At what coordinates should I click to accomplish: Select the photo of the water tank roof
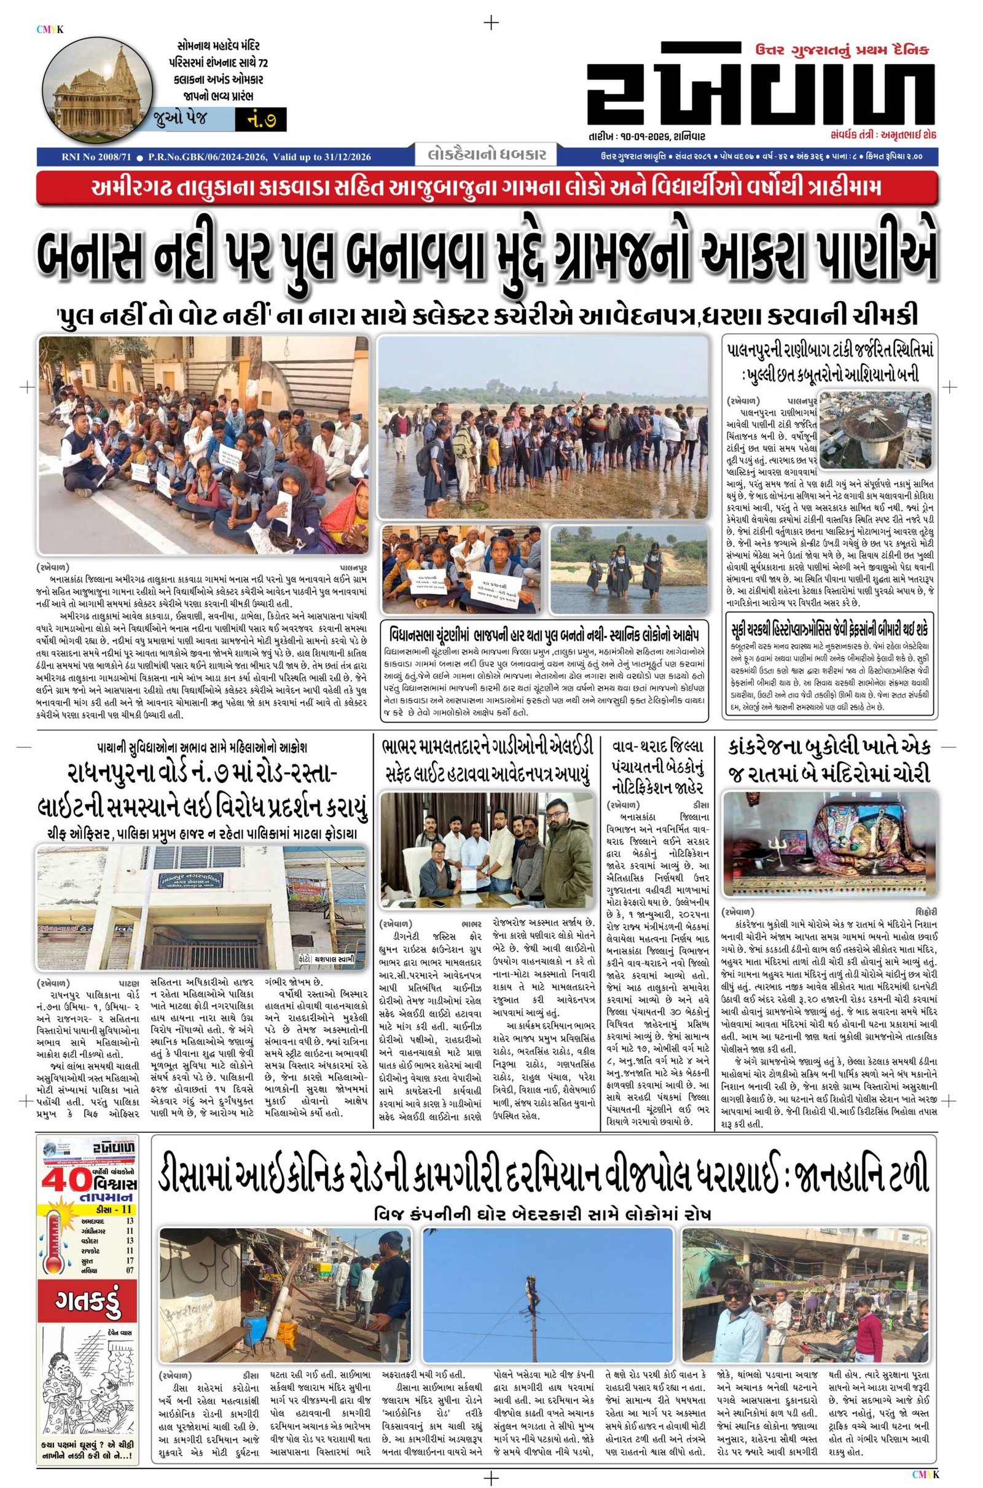click(x=878, y=440)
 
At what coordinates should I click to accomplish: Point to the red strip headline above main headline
click(x=487, y=188)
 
